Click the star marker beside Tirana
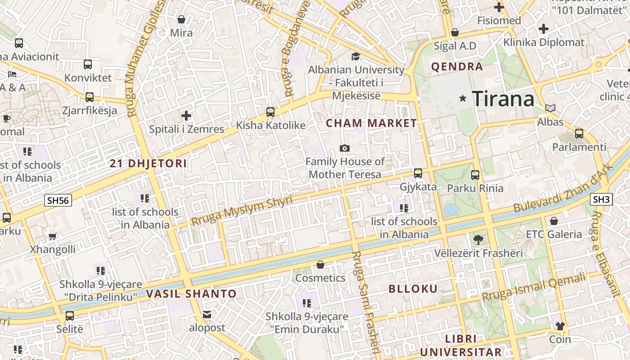pyautogui.click(x=463, y=98)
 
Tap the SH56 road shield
pyautogui.click(x=58, y=200)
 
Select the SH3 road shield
pyautogui.click(x=602, y=199)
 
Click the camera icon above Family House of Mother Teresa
pyautogui.click(x=345, y=148)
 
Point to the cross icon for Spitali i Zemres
pyautogui.click(x=186, y=116)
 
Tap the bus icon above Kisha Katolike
pyautogui.click(x=270, y=112)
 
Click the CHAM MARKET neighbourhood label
pyautogui.click(x=371, y=123)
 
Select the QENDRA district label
pyautogui.click(x=457, y=67)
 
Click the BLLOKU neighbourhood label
pyautogui.click(x=413, y=289)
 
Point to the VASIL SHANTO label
pyautogui.click(x=191, y=294)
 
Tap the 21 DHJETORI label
pyautogui.click(x=148, y=164)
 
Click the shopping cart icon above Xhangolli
pyautogui.click(x=53, y=236)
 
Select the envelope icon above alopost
pyautogui.click(x=207, y=314)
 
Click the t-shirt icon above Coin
pyautogui.click(x=560, y=326)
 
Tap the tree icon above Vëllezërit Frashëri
pyautogui.click(x=478, y=240)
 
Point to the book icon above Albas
pyautogui.click(x=550, y=108)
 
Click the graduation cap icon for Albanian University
pyautogui.click(x=355, y=56)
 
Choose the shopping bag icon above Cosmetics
pyautogui.click(x=320, y=265)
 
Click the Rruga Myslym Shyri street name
pyautogui.click(x=242, y=211)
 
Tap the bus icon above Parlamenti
pyautogui.click(x=579, y=134)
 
